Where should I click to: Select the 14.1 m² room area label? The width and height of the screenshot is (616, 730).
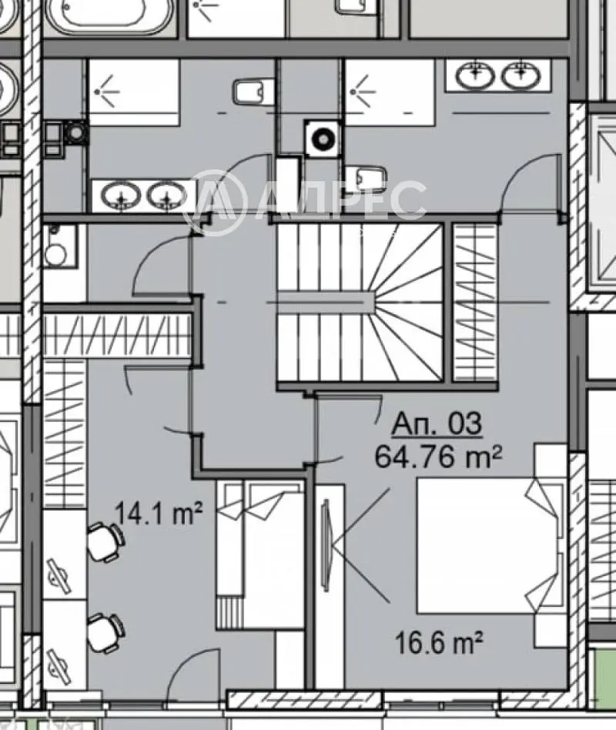coord(159,513)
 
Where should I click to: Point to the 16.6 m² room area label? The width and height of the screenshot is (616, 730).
coord(438,642)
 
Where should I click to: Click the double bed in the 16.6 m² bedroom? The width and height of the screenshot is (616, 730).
coord(487,546)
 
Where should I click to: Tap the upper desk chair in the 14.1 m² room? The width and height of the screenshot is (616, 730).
coord(106,542)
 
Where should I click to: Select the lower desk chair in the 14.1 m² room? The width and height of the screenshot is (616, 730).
coord(106,633)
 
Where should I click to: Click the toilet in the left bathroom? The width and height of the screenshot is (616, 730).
coord(253,92)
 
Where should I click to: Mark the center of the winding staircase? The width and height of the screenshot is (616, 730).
coord(360,302)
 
